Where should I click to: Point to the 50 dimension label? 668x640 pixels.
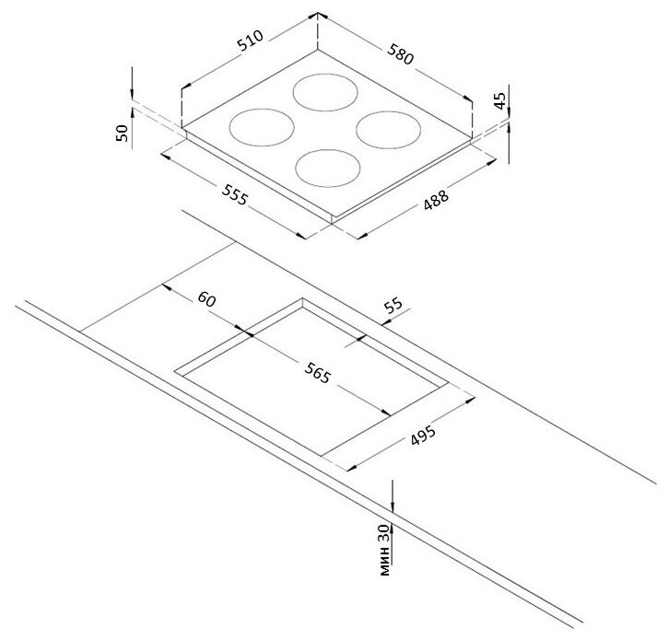click(122, 132)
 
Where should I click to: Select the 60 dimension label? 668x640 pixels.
click(205, 300)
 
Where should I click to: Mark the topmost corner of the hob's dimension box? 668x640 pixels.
click(318, 15)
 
